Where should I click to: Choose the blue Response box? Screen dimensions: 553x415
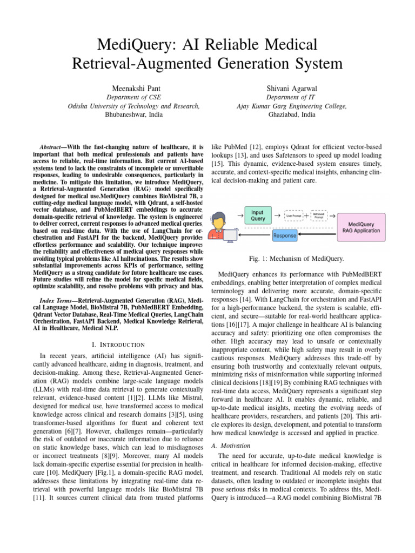coord(284,236)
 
